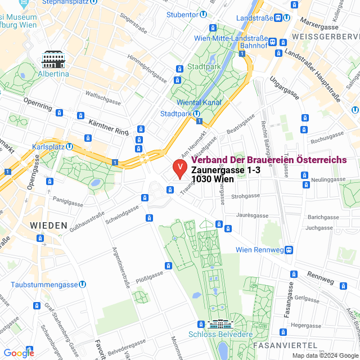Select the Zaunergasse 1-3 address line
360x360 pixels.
(226, 170)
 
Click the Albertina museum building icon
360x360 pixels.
(53, 58)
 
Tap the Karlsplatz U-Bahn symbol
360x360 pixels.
(69, 146)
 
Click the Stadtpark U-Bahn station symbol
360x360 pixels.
(197, 114)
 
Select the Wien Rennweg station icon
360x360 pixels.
(289, 250)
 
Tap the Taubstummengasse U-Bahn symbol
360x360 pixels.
(83, 285)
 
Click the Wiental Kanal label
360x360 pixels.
(199, 102)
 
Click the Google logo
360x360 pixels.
(19, 353)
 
